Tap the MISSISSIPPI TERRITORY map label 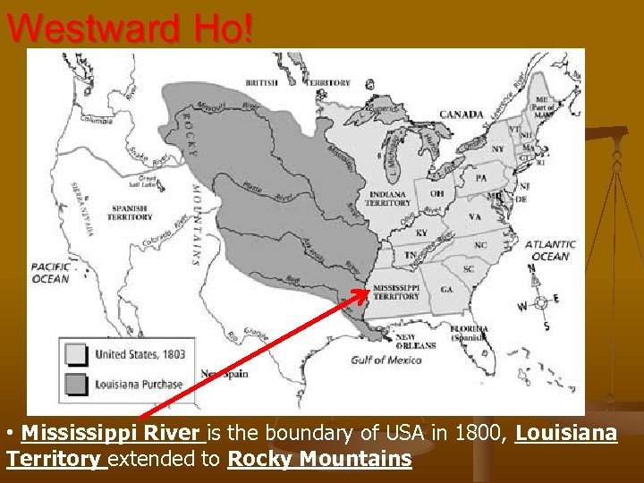coord(396,291)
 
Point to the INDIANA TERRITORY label coord(387,198)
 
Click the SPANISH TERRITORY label coord(130,212)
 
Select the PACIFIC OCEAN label coord(50,272)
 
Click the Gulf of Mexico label coord(386,360)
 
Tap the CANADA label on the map coord(462,114)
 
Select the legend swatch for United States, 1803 coord(76,354)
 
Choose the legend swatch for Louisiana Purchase coord(76,385)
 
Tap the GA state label coord(445,290)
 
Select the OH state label coord(437,193)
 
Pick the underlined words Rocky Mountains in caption coord(319,460)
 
